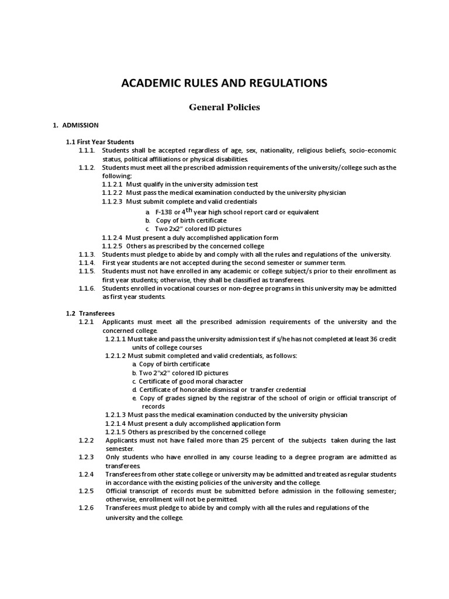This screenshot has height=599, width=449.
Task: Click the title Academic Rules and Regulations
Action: click(224, 83)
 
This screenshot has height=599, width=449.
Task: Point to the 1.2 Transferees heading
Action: click(90, 313)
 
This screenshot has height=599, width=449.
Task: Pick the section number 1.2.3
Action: click(86, 456)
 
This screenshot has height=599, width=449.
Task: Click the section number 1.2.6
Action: click(86, 508)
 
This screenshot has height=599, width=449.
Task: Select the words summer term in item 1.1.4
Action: click(328, 263)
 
